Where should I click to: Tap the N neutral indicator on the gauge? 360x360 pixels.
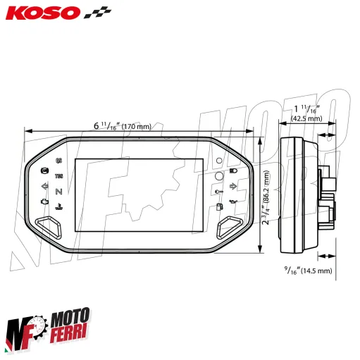coord(59,190)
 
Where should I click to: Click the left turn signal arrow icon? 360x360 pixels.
coord(45,187)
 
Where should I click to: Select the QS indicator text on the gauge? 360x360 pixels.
coord(58,160)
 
